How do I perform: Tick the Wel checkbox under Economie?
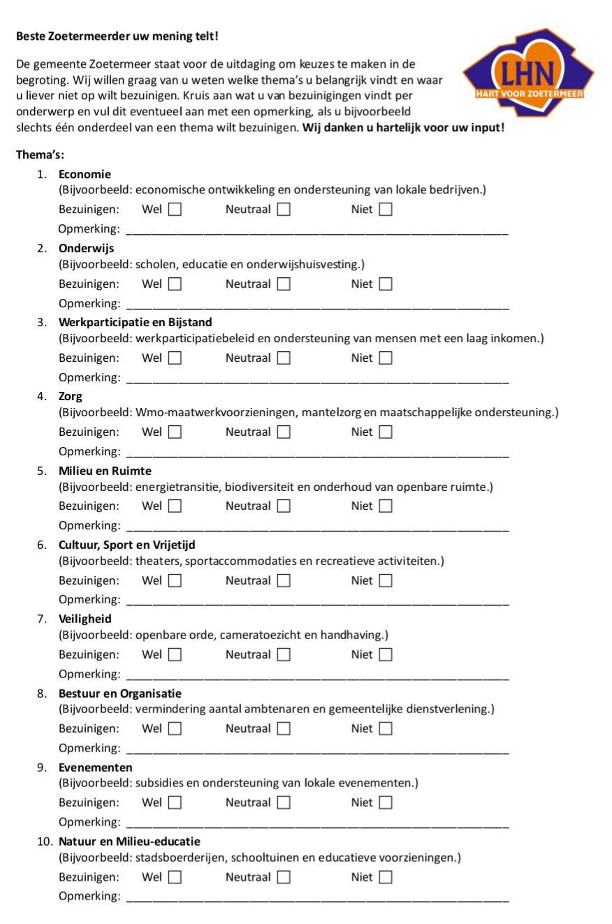(x=175, y=210)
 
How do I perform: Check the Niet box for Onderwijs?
(x=386, y=284)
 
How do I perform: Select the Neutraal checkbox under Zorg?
(x=284, y=432)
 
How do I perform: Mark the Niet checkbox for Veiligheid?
(x=386, y=654)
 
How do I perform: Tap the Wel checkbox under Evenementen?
(x=175, y=802)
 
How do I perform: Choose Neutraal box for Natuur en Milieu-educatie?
(x=284, y=877)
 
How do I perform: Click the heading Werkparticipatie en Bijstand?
(x=136, y=322)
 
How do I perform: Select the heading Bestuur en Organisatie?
(x=120, y=694)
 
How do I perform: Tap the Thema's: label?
(x=40, y=155)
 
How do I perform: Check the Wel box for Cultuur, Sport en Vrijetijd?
(x=175, y=580)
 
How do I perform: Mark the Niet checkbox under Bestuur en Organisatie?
(x=386, y=728)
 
